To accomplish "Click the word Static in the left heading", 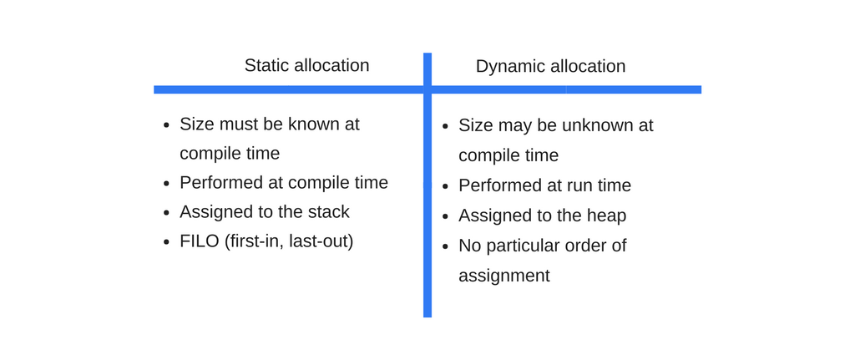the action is click(x=266, y=65).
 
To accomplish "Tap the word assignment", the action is click(x=503, y=276).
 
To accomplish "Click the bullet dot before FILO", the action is click(x=167, y=242).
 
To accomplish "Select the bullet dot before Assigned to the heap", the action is click(x=446, y=216).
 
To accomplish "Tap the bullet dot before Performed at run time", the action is click(x=446, y=186).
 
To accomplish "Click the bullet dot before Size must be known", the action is click(x=167, y=125).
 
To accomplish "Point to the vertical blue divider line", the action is click(x=427, y=185).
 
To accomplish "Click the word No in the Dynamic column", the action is click(x=469, y=246).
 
